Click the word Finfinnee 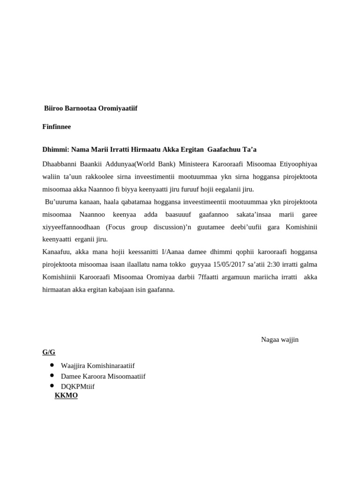57,127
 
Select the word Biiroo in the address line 54,108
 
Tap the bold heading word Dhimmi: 55,149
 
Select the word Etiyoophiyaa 297,164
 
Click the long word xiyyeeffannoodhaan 71,227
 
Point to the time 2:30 274,264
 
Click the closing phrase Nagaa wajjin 279,339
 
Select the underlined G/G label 49,352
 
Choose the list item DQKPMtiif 77,386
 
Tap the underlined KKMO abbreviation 66,395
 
